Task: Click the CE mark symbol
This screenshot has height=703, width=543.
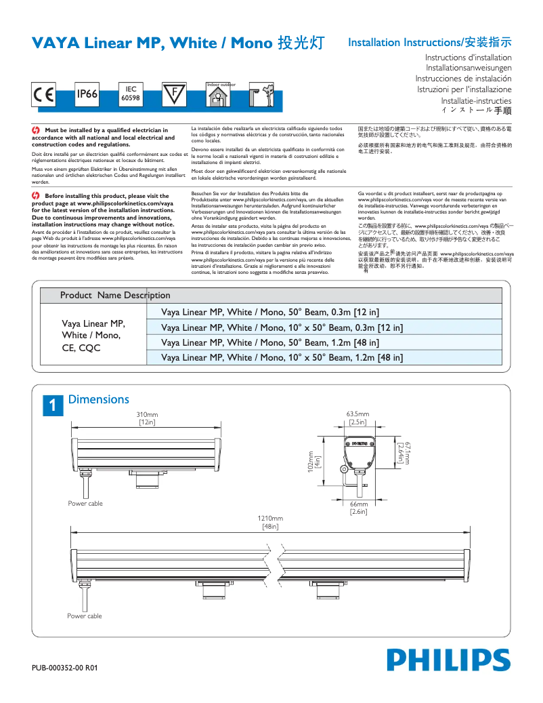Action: pyautogui.click(x=44, y=96)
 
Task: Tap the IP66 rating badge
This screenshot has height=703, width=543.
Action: pyautogui.click(x=87, y=96)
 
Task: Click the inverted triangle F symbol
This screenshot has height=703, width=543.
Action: pyautogui.click(x=174, y=94)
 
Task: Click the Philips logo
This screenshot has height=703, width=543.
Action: pyautogui.click(x=448, y=660)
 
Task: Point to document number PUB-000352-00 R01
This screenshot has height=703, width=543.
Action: pyautogui.click(x=65, y=668)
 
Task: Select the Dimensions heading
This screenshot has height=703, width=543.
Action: pyautogui.click(x=98, y=400)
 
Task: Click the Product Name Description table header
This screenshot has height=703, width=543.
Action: pyautogui.click(x=115, y=296)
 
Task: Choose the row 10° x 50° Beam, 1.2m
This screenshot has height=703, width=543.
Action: pyautogui.click(x=282, y=357)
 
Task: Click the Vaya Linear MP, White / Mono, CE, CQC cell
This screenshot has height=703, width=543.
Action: pyautogui.click(x=93, y=335)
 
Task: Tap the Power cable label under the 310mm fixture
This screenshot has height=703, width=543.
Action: pyautogui.click(x=85, y=503)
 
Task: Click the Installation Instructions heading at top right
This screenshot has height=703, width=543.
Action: pyautogui.click(x=429, y=42)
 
